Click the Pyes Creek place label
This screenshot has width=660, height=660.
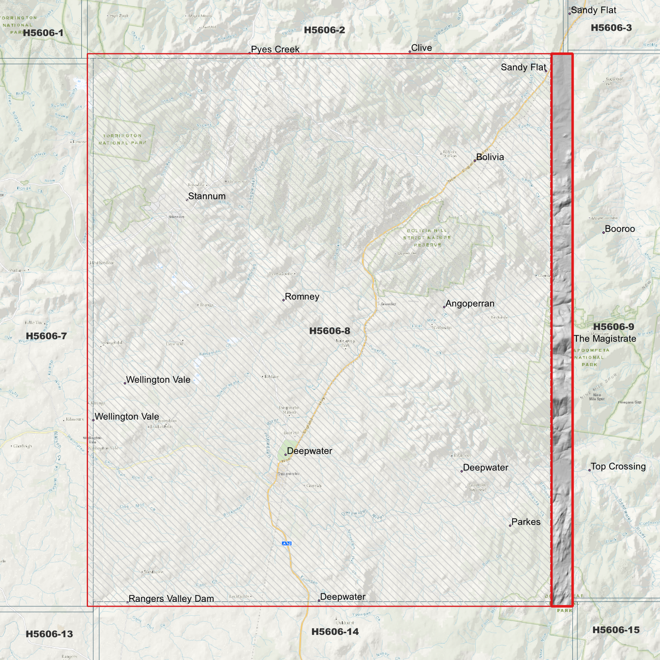tap(275, 49)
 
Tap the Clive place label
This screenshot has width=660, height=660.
tap(421, 48)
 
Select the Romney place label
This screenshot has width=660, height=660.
tap(302, 297)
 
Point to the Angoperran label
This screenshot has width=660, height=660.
tap(470, 304)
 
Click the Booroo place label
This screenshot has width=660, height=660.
tap(619, 229)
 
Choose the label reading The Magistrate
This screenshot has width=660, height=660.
tap(605, 339)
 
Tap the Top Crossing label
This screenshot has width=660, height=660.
tap(618, 467)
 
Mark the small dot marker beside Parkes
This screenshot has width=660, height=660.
tap(510, 526)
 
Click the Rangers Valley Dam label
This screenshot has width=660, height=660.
tap(171, 599)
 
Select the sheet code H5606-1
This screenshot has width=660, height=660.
tap(43, 33)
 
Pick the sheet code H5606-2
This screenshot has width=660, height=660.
tap(324, 30)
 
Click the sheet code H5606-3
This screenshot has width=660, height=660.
tap(611, 28)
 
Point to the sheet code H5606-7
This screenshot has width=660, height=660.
tap(46, 336)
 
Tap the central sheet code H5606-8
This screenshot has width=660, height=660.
tap(329, 331)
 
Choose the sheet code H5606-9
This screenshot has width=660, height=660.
tap(613, 327)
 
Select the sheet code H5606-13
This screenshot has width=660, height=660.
tap(49, 634)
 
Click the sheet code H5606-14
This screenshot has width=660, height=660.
tap(335, 632)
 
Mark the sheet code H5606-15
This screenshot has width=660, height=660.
tap(616, 630)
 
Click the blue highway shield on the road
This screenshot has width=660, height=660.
tap(286, 544)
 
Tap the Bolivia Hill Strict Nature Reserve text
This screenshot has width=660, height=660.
tap(427, 238)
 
